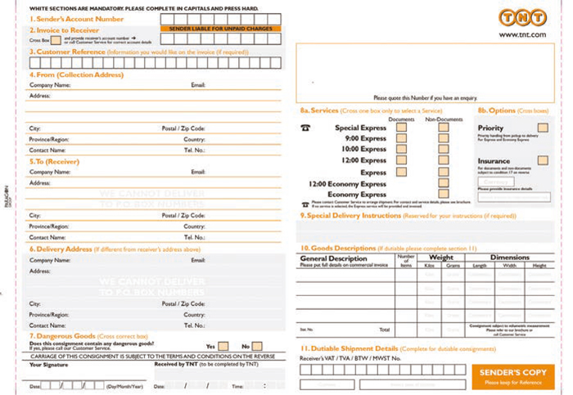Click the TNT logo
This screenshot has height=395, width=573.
pyautogui.click(x=521, y=18)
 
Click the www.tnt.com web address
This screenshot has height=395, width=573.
pyautogui.click(x=521, y=34)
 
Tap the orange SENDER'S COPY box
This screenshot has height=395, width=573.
pyautogui.click(x=512, y=376)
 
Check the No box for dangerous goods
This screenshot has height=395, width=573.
pyautogui.click(x=257, y=346)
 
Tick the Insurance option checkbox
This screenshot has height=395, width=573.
pyautogui.click(x=542, y=160)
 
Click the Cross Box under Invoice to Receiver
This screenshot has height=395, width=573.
pyautogui.click(x=56, y=39)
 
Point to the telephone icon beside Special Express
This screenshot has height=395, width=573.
pyautogui.click(x=305, y=128)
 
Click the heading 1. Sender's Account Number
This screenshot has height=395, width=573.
pyautogui.click(x=77, y=19)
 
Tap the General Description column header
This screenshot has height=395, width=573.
pyautogui.click(x=333, y=258)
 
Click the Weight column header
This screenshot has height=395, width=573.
pyautogui.click(x=441, y=258)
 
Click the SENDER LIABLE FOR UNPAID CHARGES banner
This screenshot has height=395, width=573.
pyautogui.click(x=219, y=29)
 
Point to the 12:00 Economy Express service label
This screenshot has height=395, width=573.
pyautogui.click(x=347, y=184)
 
